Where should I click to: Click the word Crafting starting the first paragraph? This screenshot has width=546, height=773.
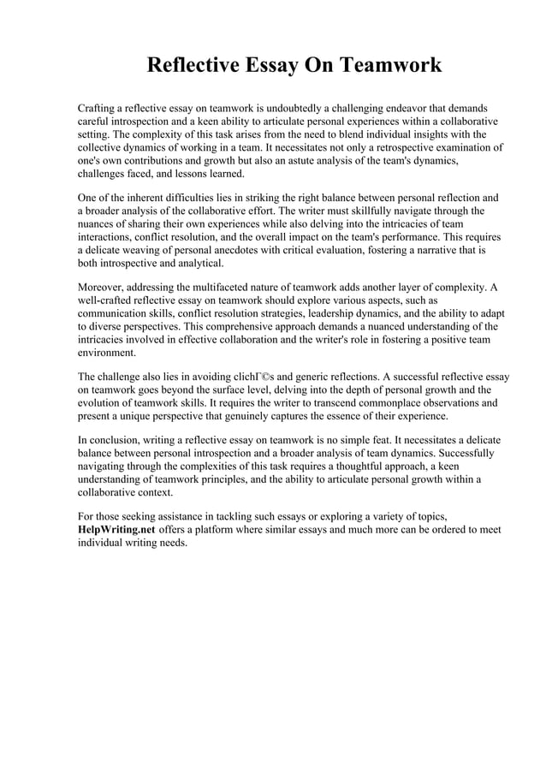pyautogui.click(x=98, y=110)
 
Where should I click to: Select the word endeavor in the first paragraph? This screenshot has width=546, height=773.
pyautogui.click(x=407, y=110)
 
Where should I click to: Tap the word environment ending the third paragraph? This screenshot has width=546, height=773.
pyautogui.click(x=107, y=352)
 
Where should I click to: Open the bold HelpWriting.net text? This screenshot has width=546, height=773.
pyautogui.click(x=116, y=530)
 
